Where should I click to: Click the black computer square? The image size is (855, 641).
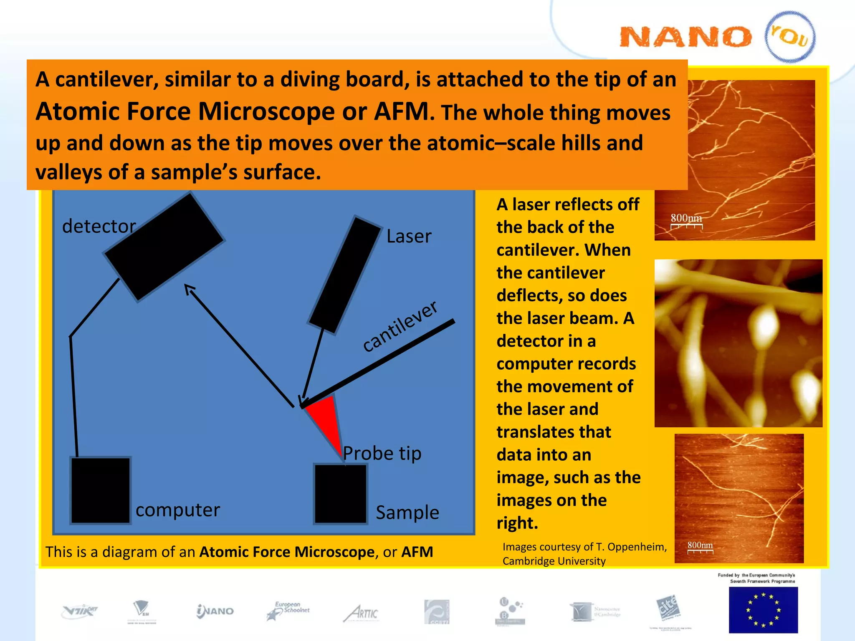click(100, 490)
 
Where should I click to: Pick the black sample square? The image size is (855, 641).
click(340, 493)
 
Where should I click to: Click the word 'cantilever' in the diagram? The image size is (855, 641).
click(400, 326)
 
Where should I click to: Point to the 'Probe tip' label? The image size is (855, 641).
click(382, 453)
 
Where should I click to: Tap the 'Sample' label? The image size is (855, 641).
click(407, 512)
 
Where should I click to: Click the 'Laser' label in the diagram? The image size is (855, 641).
click(408, 236)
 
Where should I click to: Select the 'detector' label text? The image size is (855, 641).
click(99, 226)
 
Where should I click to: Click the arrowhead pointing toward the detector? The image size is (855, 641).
click(190, 289)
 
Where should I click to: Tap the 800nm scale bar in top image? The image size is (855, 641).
click(686, 221)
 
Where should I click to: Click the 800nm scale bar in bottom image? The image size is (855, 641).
click(700, 548)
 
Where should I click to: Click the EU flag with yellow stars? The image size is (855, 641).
click(763, 610)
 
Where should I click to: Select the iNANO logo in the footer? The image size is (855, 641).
click(215, 611)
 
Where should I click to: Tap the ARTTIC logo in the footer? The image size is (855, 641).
click(361, 613)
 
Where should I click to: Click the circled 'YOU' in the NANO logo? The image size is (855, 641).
click(790, 37)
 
